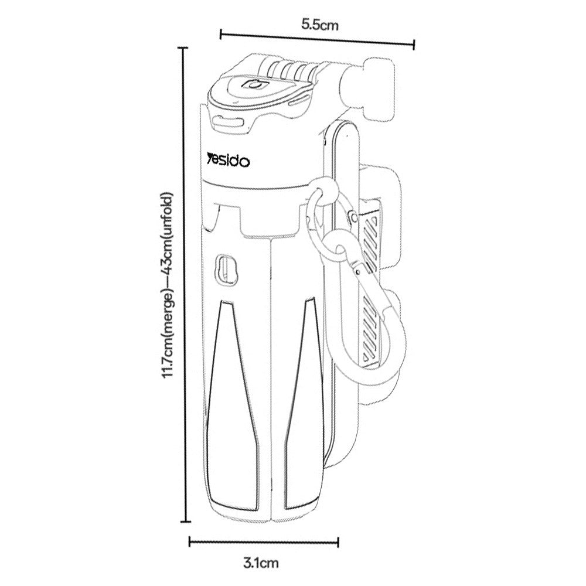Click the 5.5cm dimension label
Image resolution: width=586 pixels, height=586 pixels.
click(320, 25)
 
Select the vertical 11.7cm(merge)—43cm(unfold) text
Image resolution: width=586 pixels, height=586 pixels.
click(166, 285)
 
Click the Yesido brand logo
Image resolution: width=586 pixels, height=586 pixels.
click(229, 161)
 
